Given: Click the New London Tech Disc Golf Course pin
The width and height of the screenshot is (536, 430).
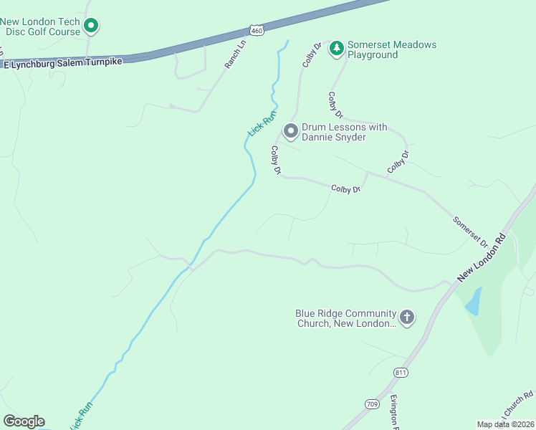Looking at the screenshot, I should pyautogui.click(x=91, y=27).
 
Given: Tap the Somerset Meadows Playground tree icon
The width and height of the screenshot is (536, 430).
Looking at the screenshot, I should pyautogui.click(x=336, y=49).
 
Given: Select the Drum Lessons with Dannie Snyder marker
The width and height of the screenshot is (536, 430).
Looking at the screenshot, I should pyautogui.click(x=290, y=131).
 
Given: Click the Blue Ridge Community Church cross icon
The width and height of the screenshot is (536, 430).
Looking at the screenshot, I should pyautogui.click(x=407, y=317).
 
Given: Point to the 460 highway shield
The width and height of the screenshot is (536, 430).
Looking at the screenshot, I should pyautogui.click(x=257, y=29).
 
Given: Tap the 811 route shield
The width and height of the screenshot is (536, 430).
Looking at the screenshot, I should pyautogui.click(x=401, y=373).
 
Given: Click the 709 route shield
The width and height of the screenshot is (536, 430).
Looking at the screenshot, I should pyautogui.click(x=370, y=403).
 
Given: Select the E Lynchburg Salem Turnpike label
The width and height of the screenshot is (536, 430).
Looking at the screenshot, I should pyautogui.click(x=64, y=62).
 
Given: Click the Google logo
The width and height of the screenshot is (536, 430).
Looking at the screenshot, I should pyautogui.click(x=24, y=421).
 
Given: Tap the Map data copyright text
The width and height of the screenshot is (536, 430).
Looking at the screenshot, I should pyautogui.click(x=505, y=424).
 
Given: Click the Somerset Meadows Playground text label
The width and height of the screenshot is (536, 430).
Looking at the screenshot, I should pyautogui.click(x=391, y=49).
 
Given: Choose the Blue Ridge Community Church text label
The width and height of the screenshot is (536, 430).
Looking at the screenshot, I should pyautogui.click(x=346, y=318).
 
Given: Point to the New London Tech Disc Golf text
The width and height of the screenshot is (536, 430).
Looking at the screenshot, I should pyautogui.click(x=40, y=27).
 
